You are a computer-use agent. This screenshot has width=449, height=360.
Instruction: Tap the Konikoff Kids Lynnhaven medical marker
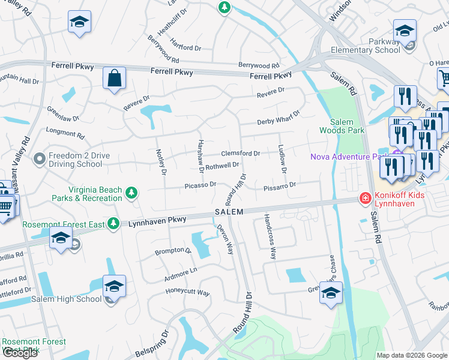click(364, 198)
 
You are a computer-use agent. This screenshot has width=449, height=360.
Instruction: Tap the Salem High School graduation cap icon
click(114, 287)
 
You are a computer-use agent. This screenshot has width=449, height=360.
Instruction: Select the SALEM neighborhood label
click(229, 212)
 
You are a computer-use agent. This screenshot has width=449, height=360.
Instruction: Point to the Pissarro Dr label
click(280, 187)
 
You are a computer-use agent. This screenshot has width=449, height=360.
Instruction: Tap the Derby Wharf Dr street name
click(278, 122)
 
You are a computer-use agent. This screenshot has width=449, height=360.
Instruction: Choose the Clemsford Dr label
click(240, 154)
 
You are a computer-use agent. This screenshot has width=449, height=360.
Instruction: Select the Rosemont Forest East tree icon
click(113, 224)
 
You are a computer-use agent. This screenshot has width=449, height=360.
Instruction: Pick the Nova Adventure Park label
click(347, 157)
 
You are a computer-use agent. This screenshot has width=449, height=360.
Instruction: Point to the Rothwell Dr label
click(222, 166)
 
